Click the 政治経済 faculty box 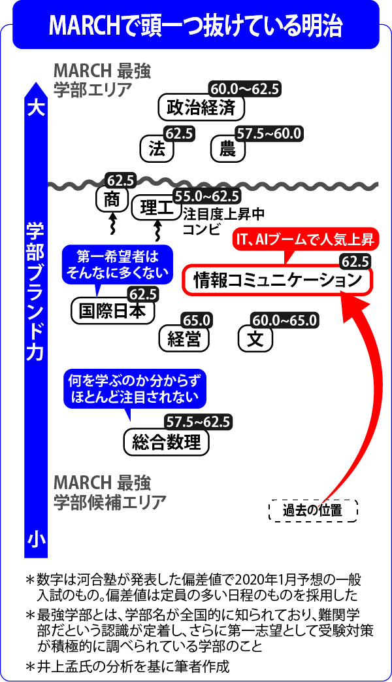[x=201, y=107]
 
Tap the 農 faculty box [x=227, y=148]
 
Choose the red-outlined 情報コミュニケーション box [x=277, y=281]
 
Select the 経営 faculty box [x=184, y=339]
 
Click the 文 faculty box [x=255, y=339]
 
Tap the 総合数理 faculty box [x=167, y=441]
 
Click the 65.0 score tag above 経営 [x=197, y=320]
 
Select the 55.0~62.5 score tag [x=206, y=197]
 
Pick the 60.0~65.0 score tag [x=286, y=320]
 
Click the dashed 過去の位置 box [x=313, y=510]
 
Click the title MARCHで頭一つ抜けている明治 [x=195, y=26]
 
